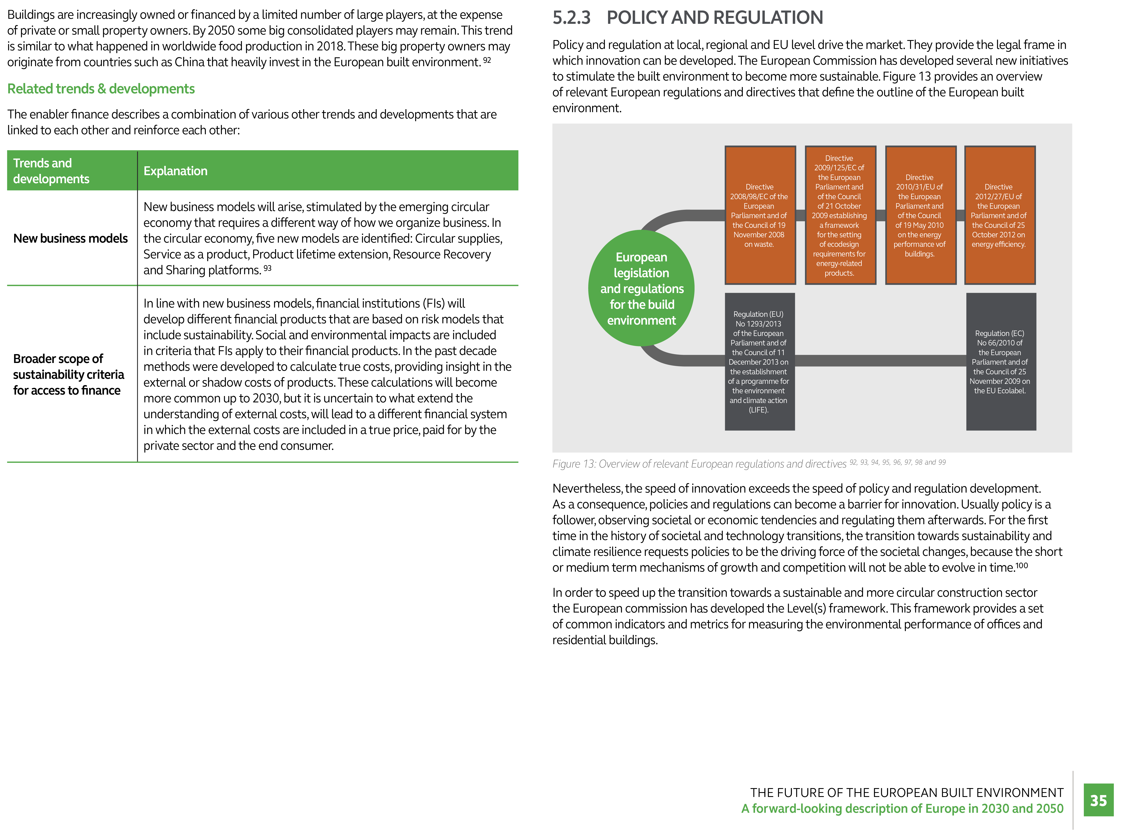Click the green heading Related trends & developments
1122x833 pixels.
(x=101, y=89)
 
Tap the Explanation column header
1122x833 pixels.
(x=175, y=171)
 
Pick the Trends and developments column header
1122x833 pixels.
(x=51, y=171)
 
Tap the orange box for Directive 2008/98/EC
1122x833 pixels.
(x=760, y=215)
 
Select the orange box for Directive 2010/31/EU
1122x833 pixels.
(x=920, y=215)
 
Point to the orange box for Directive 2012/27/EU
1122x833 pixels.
(x=999, y=215)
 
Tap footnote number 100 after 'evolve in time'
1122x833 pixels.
(x=1022, y=565)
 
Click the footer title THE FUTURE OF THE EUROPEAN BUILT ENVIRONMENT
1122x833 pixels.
(x=907, y=793)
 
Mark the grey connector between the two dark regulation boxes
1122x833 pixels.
(x=880, y=360)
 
